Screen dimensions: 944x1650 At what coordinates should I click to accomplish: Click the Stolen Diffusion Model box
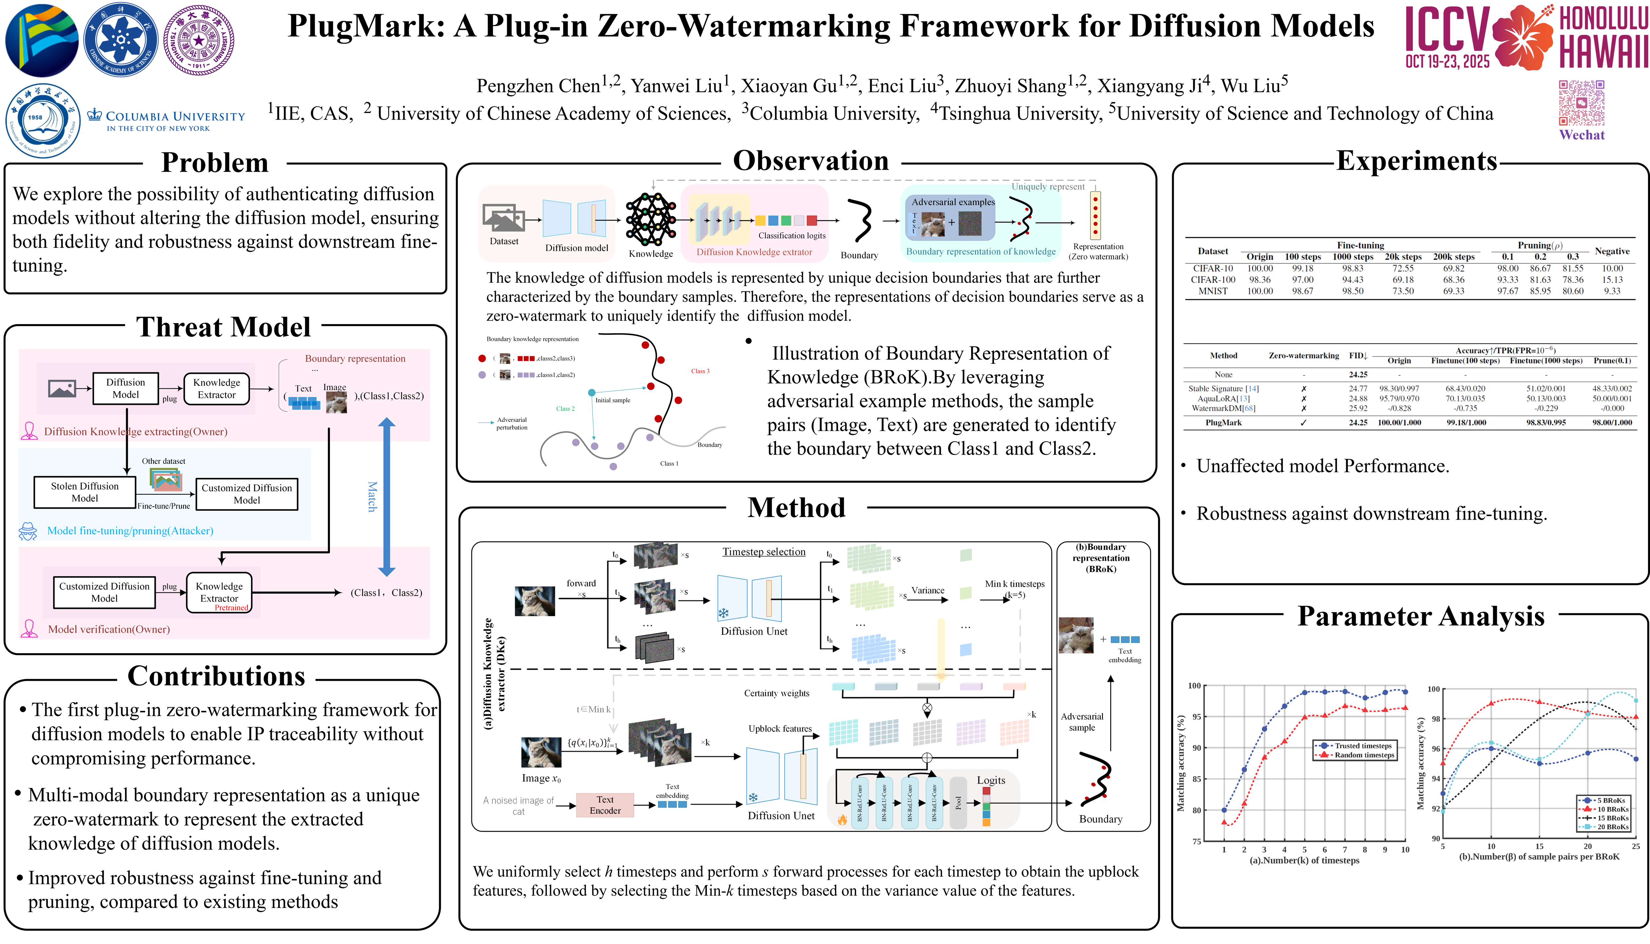tap(85, 492)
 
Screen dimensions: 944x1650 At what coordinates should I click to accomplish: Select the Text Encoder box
tap(604, 805)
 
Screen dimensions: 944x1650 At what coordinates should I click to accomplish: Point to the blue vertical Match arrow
tap(387, 496)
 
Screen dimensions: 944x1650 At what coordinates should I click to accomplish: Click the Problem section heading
tap(215, 163)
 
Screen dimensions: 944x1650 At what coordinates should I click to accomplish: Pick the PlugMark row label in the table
tap(1223, 423)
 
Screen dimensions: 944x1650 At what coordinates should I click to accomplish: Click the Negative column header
tap(1612, 251)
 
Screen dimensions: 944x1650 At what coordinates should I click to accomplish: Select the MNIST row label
tap(1212, 291)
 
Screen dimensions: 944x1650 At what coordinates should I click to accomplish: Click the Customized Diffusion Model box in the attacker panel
tap(246, 494)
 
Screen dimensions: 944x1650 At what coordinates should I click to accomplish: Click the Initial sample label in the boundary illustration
tap(612, 400)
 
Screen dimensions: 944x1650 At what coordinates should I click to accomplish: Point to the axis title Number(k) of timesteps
tap(1304, 860)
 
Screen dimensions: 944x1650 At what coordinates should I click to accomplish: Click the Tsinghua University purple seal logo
tap(198, 40)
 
